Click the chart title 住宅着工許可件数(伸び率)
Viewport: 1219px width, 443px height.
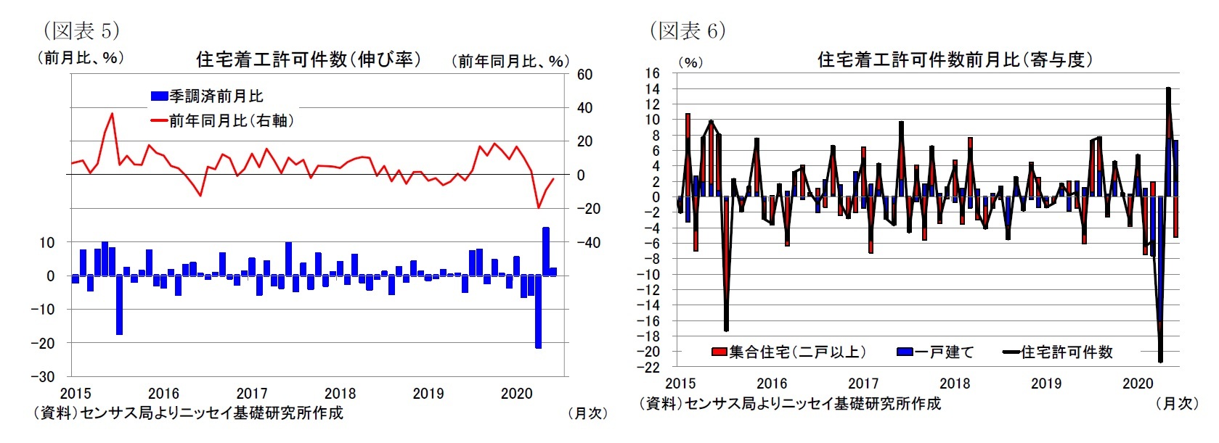click(309, 59)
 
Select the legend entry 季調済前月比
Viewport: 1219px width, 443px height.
click(207, 96)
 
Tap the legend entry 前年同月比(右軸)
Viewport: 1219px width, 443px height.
click(221, 120)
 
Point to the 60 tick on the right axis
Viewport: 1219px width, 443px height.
click(584, 75)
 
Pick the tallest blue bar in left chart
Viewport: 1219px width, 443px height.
click(545, 251)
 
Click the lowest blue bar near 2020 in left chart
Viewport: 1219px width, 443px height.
click(538, 312)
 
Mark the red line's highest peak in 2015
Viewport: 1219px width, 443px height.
click(112, 114)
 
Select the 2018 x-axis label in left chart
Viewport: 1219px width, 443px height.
click(340, 394)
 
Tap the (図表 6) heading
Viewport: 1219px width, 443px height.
click(687, 30)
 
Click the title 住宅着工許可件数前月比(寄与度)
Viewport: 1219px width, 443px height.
click(955, 59)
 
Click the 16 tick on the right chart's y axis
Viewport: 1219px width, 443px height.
click(651, 73)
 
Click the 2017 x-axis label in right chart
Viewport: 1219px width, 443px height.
click(863, 384)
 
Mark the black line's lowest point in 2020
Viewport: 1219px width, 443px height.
click(1160, 361)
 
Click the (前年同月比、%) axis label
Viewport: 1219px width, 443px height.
click(510, 62)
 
